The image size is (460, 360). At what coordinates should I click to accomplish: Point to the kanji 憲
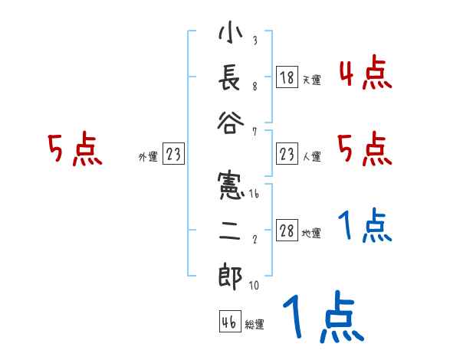tap(230, 188)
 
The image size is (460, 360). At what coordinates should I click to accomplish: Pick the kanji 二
tap(230, 232)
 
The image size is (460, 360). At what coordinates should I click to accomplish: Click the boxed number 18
tap(287, 77)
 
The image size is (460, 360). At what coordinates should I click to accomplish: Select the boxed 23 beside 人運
tap(287, 155)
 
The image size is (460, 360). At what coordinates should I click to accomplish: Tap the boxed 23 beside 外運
tap(173, 155)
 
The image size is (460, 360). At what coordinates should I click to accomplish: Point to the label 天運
tap(311, 80)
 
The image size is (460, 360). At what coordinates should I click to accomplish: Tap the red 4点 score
tap(365, 74)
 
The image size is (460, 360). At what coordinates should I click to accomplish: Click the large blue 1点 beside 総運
tap(322, 318)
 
